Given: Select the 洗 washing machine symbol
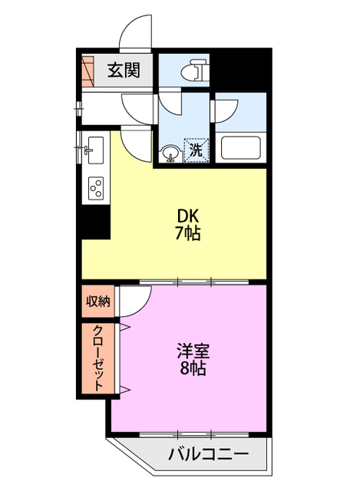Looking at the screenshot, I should [x=196, y=150].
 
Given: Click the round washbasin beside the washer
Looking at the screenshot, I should [x=170, y=153].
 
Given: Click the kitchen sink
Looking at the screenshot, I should [x=95, y=150].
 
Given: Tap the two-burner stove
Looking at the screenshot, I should [x=97, y=187].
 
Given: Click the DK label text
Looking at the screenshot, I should [x=187, y=217].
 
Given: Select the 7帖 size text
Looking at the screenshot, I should [x=187, y=235].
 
